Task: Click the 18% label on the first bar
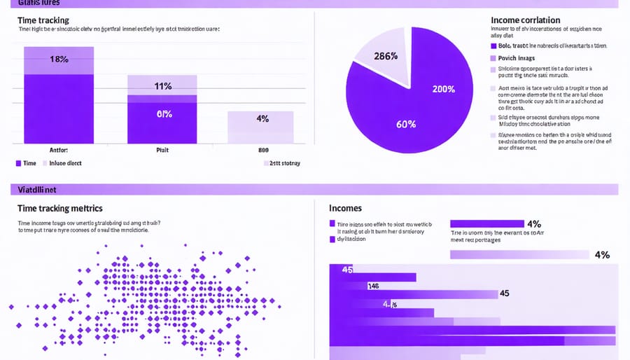(x=59, y=60)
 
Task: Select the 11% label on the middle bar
(x=163, y=87)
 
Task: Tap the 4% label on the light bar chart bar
(x=262, y=118)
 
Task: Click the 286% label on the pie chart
(x=386, y=56)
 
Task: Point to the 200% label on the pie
(x=443, y=89)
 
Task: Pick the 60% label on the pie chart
(x=406, y=124)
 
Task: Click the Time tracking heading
(x=43, y=21)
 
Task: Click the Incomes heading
(x=345, y=208)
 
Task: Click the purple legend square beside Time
(x=18, y=162)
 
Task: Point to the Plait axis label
(x=162, y=149)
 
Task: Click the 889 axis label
(x=263, y=149)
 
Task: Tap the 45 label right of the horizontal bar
(x=504, y=293)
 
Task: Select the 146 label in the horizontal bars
(x=373, y=286)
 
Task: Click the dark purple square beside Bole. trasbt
(x=493, y=46)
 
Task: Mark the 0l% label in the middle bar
(x=164, y=114)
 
